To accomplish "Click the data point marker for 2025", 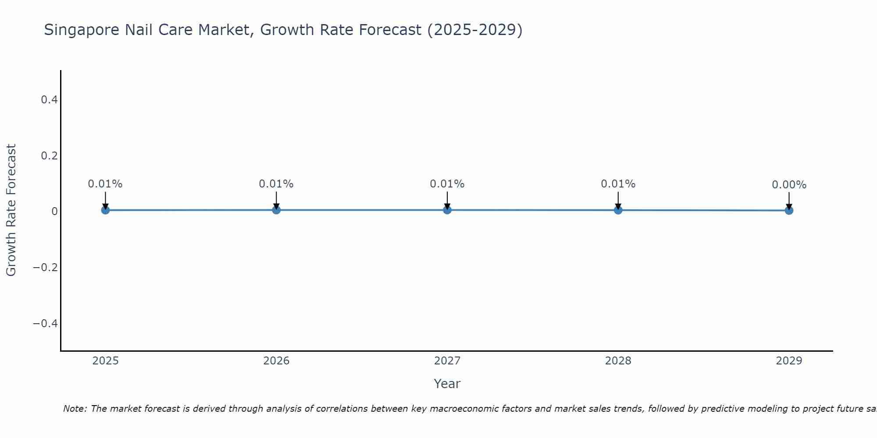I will click(x=105, y=210).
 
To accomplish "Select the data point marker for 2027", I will click(x=447, y=210).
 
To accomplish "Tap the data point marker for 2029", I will click(x=789, y=211).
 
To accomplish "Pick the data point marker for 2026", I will click(x=276, y=210).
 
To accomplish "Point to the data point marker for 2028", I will click(x=618, y=210).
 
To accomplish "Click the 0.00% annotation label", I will click(x=789, y=185).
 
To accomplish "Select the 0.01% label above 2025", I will click(x=105, y=184).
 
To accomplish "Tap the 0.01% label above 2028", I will click(x=618, y=184).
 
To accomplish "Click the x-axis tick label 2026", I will click(x=276, y=361).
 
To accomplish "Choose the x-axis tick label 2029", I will click(x=789, y=361).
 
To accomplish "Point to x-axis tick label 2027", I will click(x=447, y=361).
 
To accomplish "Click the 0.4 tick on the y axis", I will click(x=49, y=100).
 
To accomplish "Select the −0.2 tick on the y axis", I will click(x=46, y=267).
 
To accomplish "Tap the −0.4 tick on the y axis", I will click(x=46, y=323).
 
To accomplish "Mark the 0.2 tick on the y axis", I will click(x=49, y=155).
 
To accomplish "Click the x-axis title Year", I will click(x=447, y=384).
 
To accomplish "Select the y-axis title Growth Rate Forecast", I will click(x=11, y=210).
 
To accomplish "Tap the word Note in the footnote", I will click(x=75, y=409).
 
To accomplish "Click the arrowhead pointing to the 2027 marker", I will click(x=447, y=206).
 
